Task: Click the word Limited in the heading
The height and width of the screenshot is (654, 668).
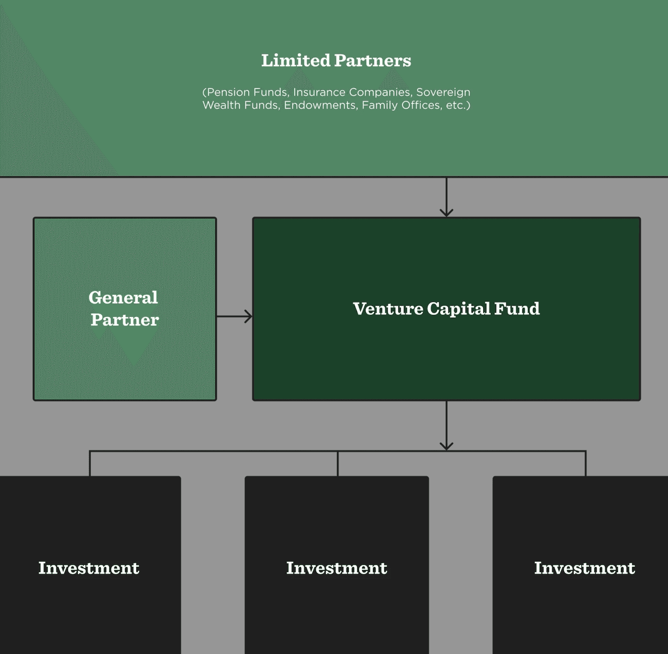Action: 296,60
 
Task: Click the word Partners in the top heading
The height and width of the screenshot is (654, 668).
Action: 372,60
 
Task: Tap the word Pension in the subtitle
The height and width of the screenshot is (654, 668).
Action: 226,92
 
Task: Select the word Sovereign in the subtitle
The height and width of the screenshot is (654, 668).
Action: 443,92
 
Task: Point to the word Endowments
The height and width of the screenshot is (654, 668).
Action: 321,105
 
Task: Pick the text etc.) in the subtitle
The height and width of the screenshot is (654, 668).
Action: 458,105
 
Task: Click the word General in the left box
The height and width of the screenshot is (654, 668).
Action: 123,297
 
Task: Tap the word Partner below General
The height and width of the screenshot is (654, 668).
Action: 125,320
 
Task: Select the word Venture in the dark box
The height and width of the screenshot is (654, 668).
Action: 388,308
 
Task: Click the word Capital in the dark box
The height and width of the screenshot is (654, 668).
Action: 459,309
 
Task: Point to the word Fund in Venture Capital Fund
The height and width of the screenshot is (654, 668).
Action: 517,308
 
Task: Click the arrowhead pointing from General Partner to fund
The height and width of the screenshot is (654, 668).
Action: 249,316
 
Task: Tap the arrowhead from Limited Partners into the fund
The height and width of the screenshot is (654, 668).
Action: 446,213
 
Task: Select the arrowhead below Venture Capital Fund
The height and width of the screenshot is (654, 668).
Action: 446,446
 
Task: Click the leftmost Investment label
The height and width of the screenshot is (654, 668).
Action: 88,568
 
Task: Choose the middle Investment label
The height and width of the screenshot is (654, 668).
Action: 337,568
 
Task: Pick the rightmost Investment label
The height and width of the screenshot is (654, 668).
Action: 585,568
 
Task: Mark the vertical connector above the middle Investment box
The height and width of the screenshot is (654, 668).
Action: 338,463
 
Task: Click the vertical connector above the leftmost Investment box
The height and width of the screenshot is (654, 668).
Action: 90,463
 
